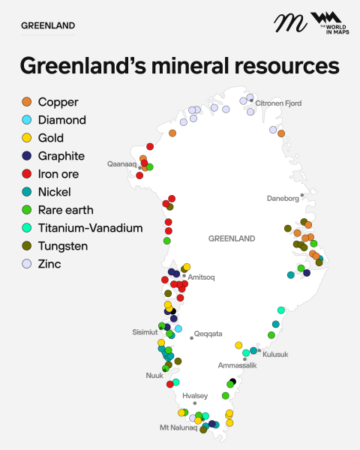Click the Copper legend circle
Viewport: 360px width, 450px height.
pyautogui.click(x=27, y=102)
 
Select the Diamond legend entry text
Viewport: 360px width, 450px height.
pyautogui.click(x=61, y=120)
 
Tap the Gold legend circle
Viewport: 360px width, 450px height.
pyautogui.click(x=27, y=138)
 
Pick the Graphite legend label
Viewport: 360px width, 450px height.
pyautogui.click(x=61, y=156)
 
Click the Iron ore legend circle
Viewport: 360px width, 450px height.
pyautogui.click(x=27, y=174)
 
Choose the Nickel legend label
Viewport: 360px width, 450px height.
pyautogui.click(x=54, y=192)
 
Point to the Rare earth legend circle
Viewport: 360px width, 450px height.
pyautogui.click(x=27, y=210)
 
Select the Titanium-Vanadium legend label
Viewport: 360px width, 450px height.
pyautogui.click(x=90, y=228)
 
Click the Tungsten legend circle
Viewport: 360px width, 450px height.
pyautogui.click(x=27, y=246)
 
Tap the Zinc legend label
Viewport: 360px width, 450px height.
pyautogui.click(x=49, y=264)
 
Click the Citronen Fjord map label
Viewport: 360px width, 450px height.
pyautogui.click(x=278, y=103)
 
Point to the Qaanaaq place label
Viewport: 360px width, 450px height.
pyautogui.click(x=121, y=163)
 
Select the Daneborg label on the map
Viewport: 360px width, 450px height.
pyautogui.click(x=283, y=199)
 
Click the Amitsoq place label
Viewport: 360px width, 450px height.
pyautogui.click(x=201, y=277)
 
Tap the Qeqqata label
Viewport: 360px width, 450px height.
pyautogui.click(x=208, y=334)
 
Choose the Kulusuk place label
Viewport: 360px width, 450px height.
pyautogui.click(x=275, y=354)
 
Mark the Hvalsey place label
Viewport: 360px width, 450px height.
pyautogui.click(x=194, y=395)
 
